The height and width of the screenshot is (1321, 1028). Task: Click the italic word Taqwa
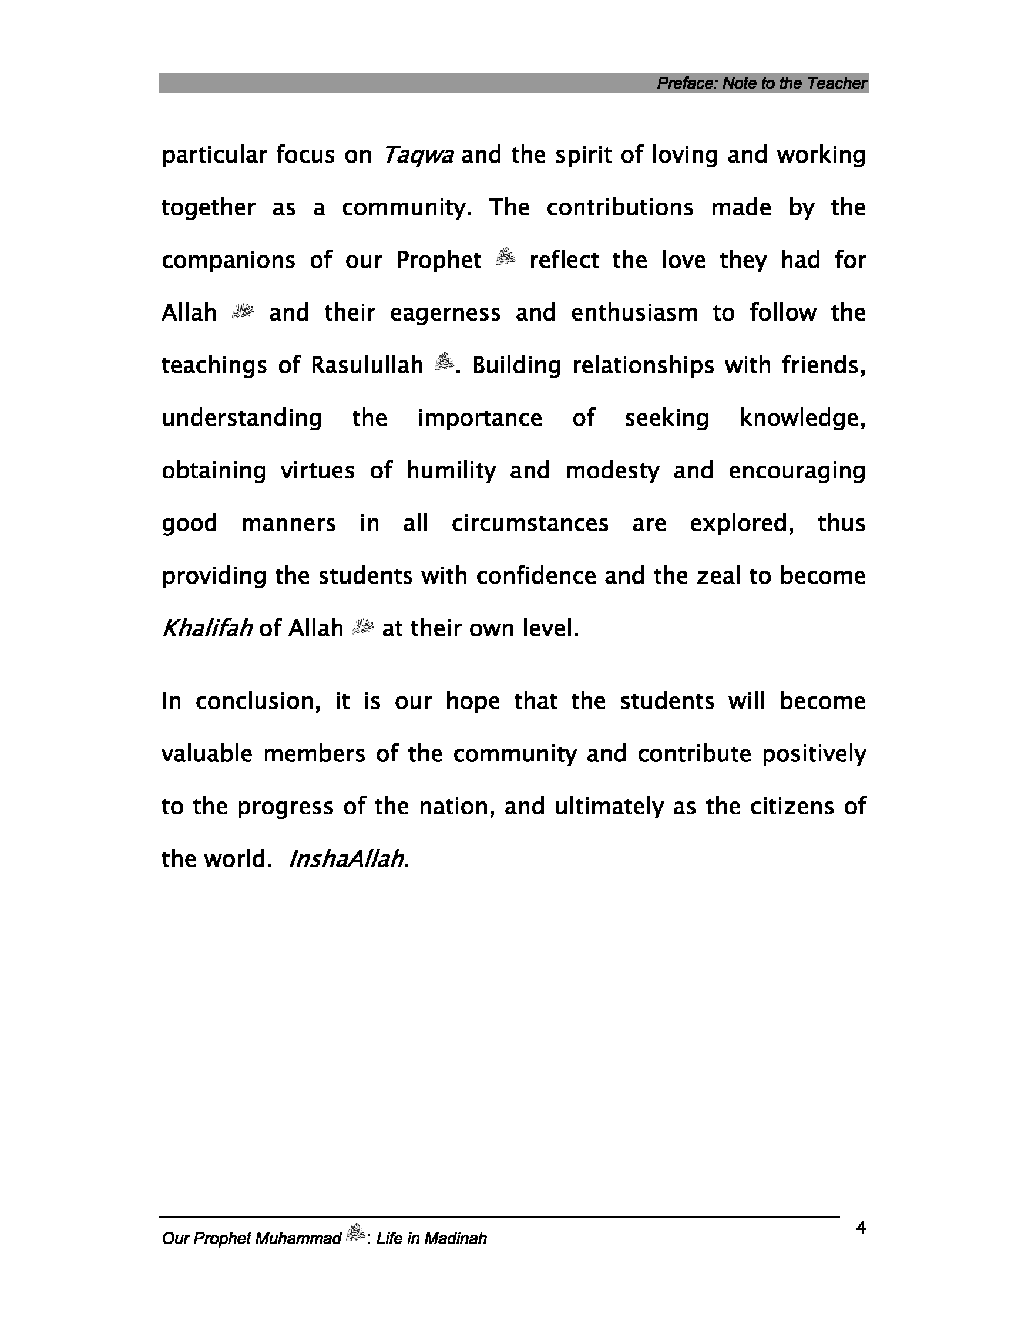[418, 156]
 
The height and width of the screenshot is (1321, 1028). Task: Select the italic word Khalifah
[207, 628]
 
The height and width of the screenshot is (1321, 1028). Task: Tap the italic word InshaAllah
[347, 859]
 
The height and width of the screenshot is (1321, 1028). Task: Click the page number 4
[861, 1227]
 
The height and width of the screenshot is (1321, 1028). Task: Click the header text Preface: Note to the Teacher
[762, 83]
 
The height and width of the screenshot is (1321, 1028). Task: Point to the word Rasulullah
[367, 365]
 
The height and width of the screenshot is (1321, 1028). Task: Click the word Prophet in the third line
[439, 260]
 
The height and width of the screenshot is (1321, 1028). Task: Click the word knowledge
[802, 418]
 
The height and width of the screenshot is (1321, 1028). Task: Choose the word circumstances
[530, 523]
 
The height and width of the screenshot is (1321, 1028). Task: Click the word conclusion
[257, 702]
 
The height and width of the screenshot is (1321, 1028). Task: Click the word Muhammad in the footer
[298, 1239]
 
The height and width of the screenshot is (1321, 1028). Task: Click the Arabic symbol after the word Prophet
[505, 259]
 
